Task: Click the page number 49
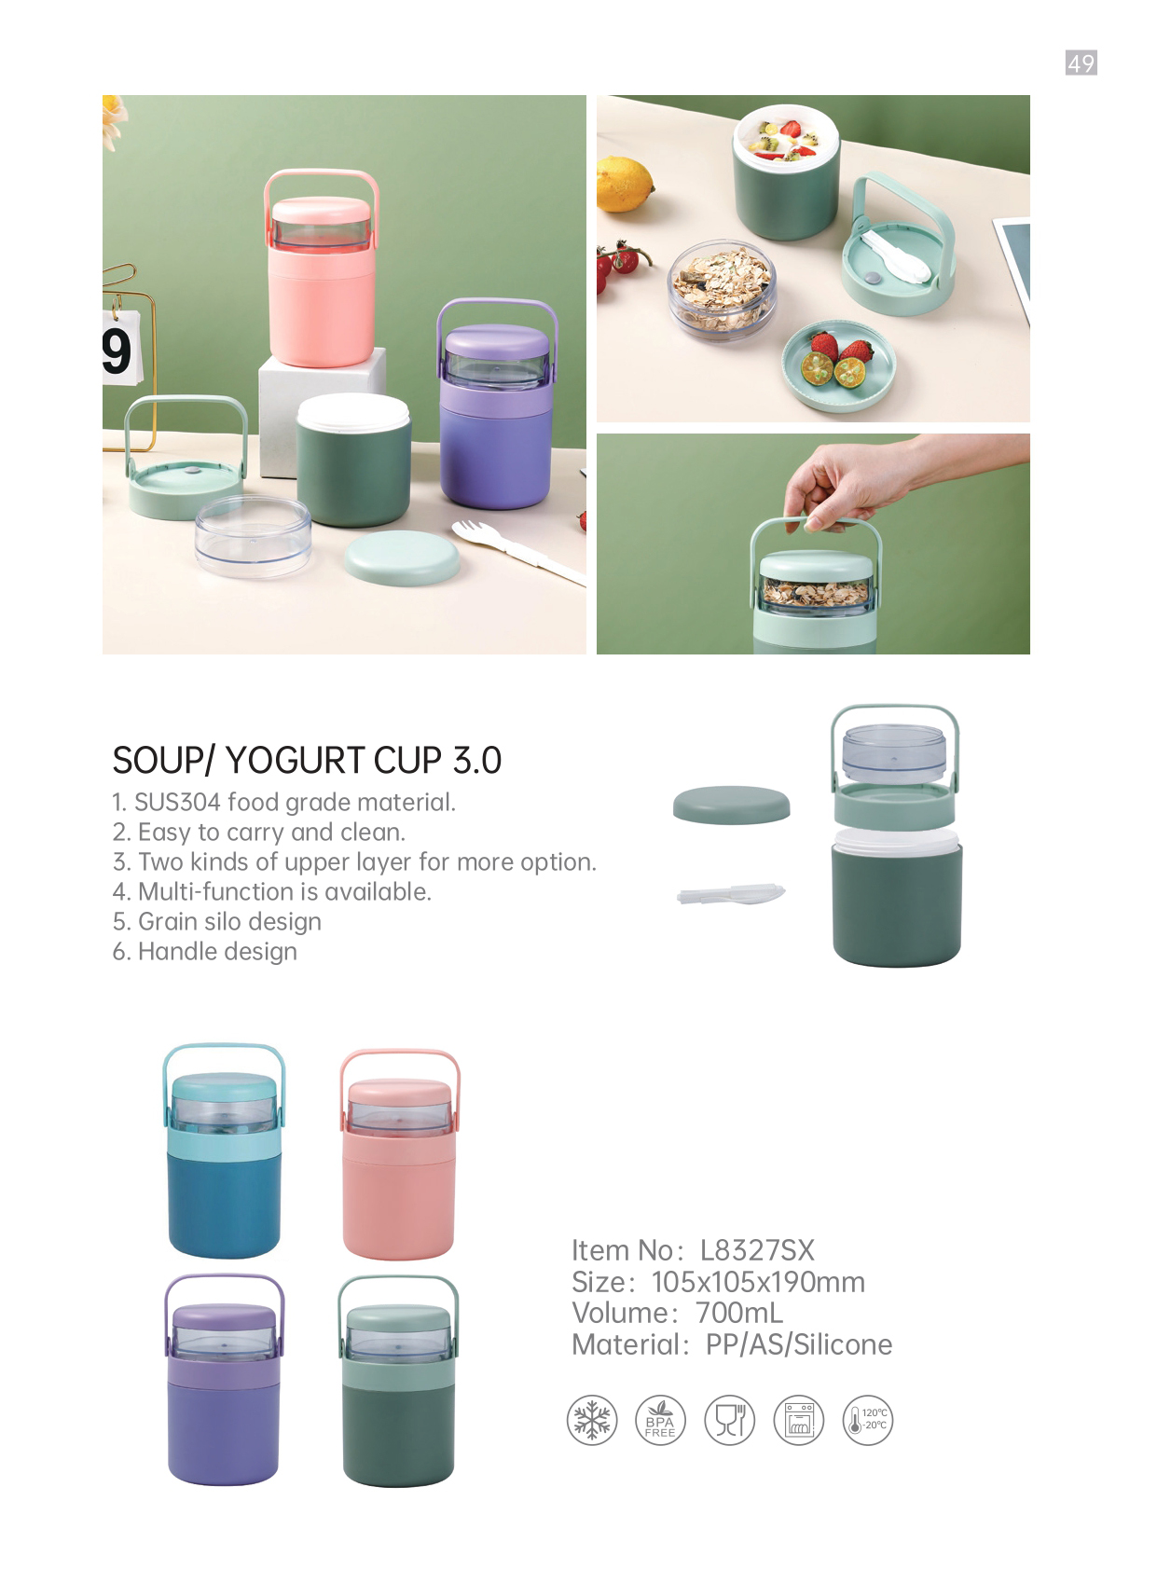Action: click(x=1081, y=63)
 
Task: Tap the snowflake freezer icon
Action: click(x=592, y=1420)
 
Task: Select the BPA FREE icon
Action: click(x=660, y=1420)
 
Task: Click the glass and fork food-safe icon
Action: click(x=729, y=1420)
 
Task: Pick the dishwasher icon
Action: click(x=799, y=1420)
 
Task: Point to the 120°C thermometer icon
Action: click(x=868, y=1420)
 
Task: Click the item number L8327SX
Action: click(x=758, y=1250)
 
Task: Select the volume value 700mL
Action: click(x=739, y=1313)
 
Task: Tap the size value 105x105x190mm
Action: click(x=758, y=1282)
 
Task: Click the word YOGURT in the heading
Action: click(x=295, y=761)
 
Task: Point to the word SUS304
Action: click(x=177, y=802)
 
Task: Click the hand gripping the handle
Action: click(x=851, y=484)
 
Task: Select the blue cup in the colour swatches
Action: click(x=225, y=1151)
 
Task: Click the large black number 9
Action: click(x=117, y=351)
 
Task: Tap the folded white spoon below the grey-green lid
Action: click(x=730, y=894)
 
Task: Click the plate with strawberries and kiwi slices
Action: click(x=839, y=366)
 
